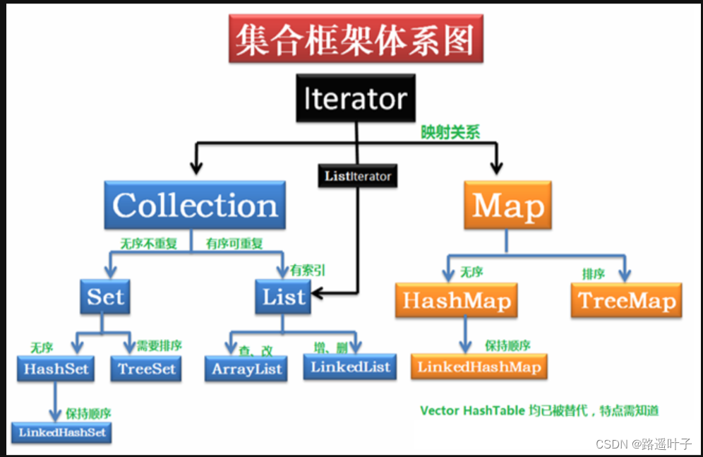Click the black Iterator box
click(356, 98)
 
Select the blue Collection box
click(195, 205)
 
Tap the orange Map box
click(508, 206)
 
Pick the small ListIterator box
click(358, 176)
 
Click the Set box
click(106, 297)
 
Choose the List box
click(284, 297)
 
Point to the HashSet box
click(55, 367)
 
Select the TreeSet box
click(146, 368)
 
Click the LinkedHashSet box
click(62, 432)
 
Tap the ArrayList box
click(246, 368)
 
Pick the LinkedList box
click(349, 367)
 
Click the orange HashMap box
click(456, 300)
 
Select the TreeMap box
click(626, 300)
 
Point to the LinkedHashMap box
click(479, 366)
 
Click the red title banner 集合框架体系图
click(356, 40)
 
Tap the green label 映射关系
click(450, 133)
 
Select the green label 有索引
click(308, 269)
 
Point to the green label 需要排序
click(160, 345)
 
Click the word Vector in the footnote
click(440, 410)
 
